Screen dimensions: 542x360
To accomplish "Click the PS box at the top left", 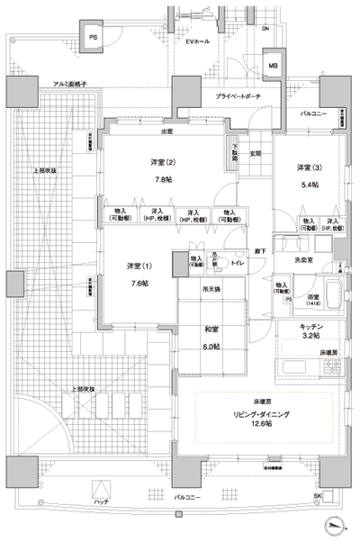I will pyautogui.click(x=94, y=37).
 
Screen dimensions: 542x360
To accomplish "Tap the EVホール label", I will pyautogui.click(x=198, y=42).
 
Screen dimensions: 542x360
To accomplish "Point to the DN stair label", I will pyautogui.click(x=265, y=30).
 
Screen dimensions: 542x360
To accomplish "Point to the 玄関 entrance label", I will pyautogui.click(x=255, y=153).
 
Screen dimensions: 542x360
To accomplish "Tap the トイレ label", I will pyautogui.click(x=238, y=264).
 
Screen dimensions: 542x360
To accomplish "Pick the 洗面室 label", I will pyautogui.click(x=306, y=259).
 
